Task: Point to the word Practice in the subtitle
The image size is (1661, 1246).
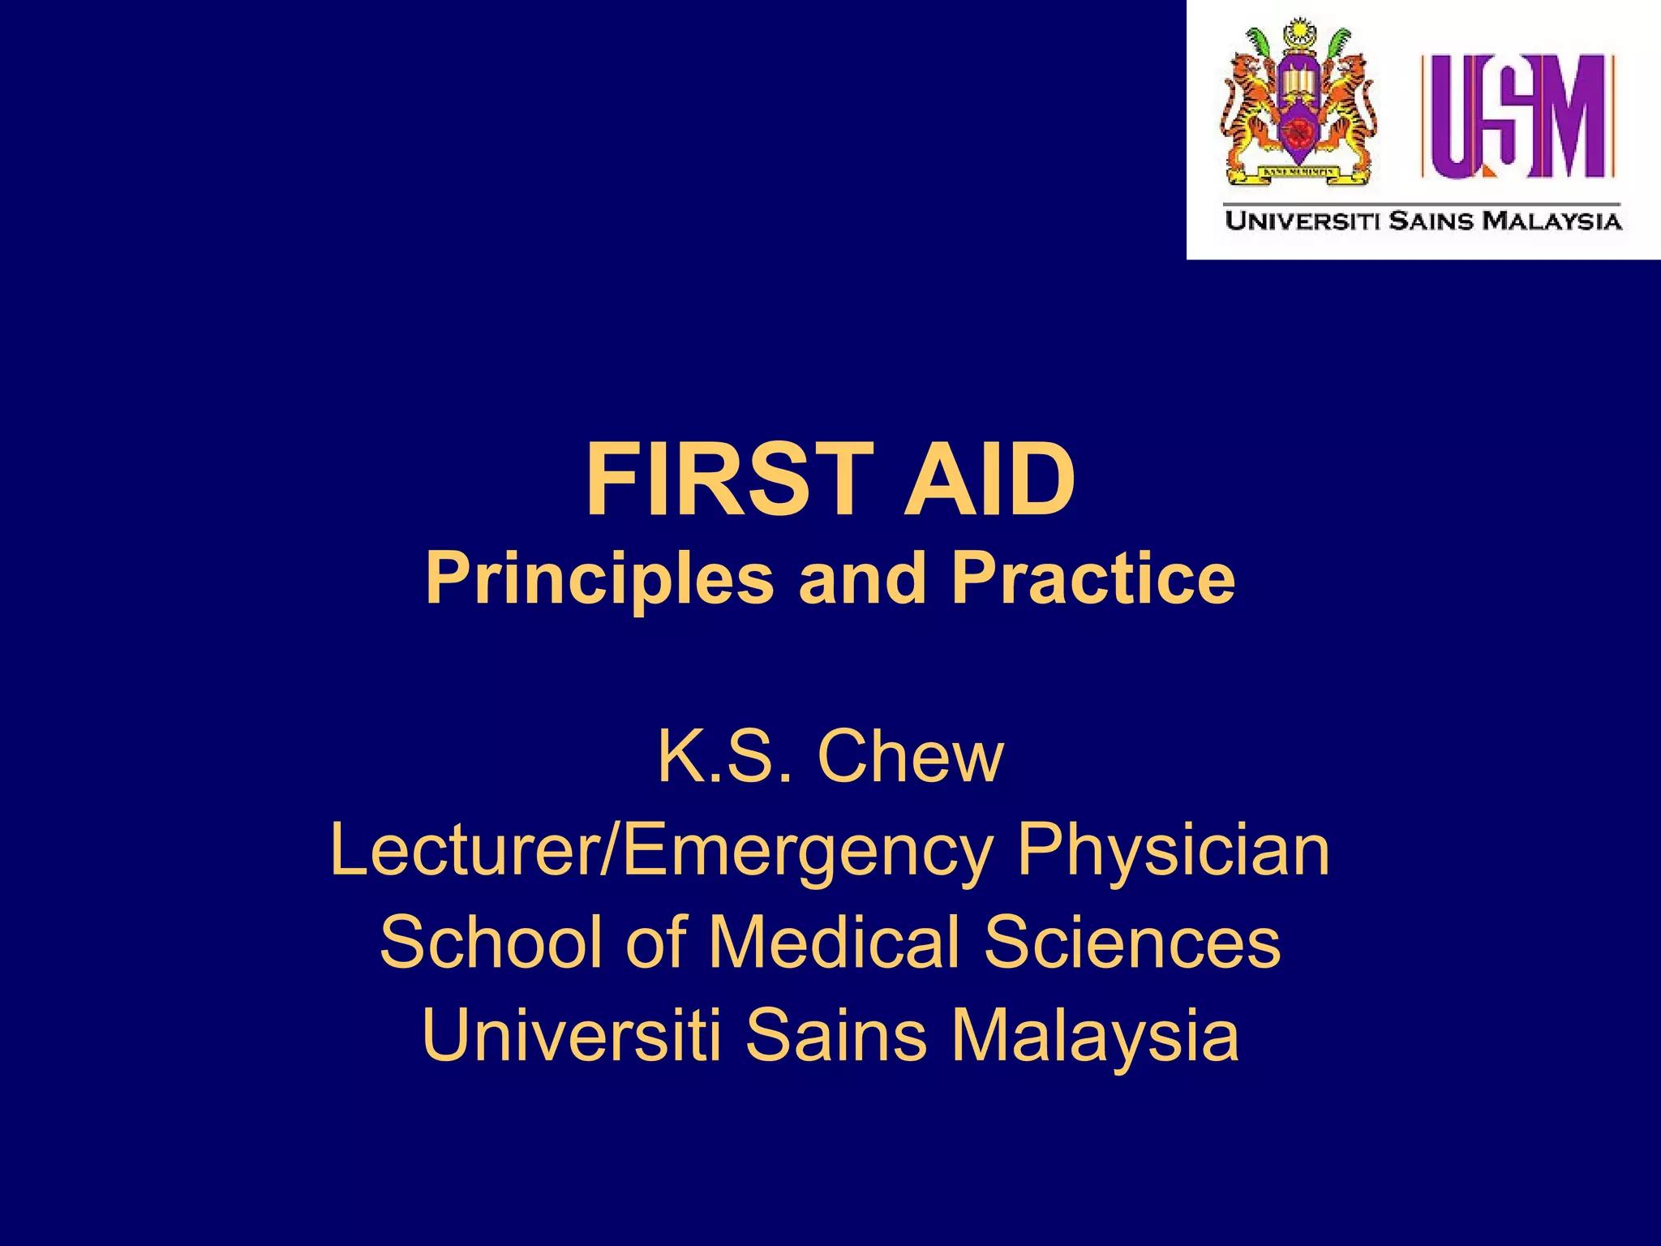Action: (x=1092, y=578)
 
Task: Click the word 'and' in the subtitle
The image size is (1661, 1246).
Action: (x=861, y=578)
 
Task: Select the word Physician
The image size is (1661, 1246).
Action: (x=1173, y=852)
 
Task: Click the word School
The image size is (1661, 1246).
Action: (x=495, y=943)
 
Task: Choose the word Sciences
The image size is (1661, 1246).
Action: (x=1132, y=943)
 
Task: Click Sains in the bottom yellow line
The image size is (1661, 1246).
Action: (x=835, y=1035)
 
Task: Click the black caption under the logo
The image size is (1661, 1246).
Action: (x=1423, y=221)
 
